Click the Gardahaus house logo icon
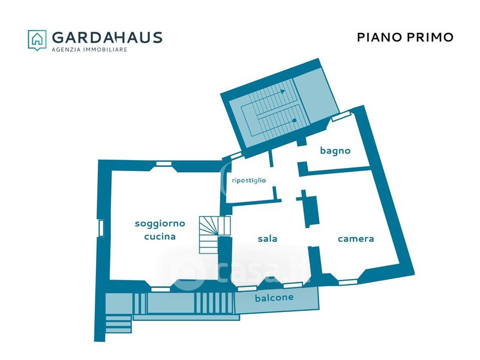pos(37,40)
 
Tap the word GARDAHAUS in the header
pos(107,37)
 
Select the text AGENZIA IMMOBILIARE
pos(89,50)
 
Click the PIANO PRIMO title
pos(405,37)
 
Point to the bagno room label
pos(335,151)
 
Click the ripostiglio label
pos(248,179)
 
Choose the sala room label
pos(267,238)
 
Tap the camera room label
pos(356,238)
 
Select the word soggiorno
pos(160,223)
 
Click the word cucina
pos(160,236)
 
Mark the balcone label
pos(274,298)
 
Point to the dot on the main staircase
pos(295,121)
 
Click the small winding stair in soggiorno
pos(214,234)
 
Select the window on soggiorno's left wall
pos(101,228)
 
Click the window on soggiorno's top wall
pos(163,163)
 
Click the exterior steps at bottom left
pos(118,323)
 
